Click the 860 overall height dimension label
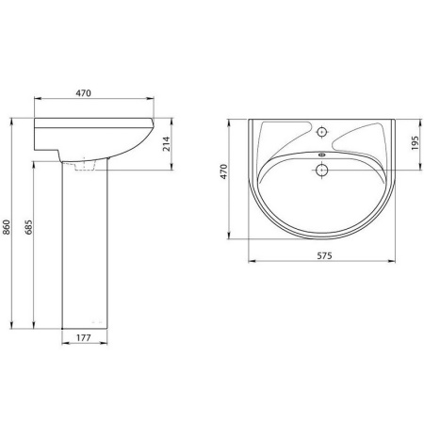[7, 227]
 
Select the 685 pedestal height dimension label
[28, 227]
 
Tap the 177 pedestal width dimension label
[84, 338]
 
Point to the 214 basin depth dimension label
[166, 144]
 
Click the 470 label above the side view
[84, 93]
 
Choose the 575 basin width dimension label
[324, 256]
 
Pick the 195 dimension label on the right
[415, 143]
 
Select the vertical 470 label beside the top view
[223, 171]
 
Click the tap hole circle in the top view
[321, 132]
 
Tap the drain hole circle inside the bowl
[321, 171]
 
